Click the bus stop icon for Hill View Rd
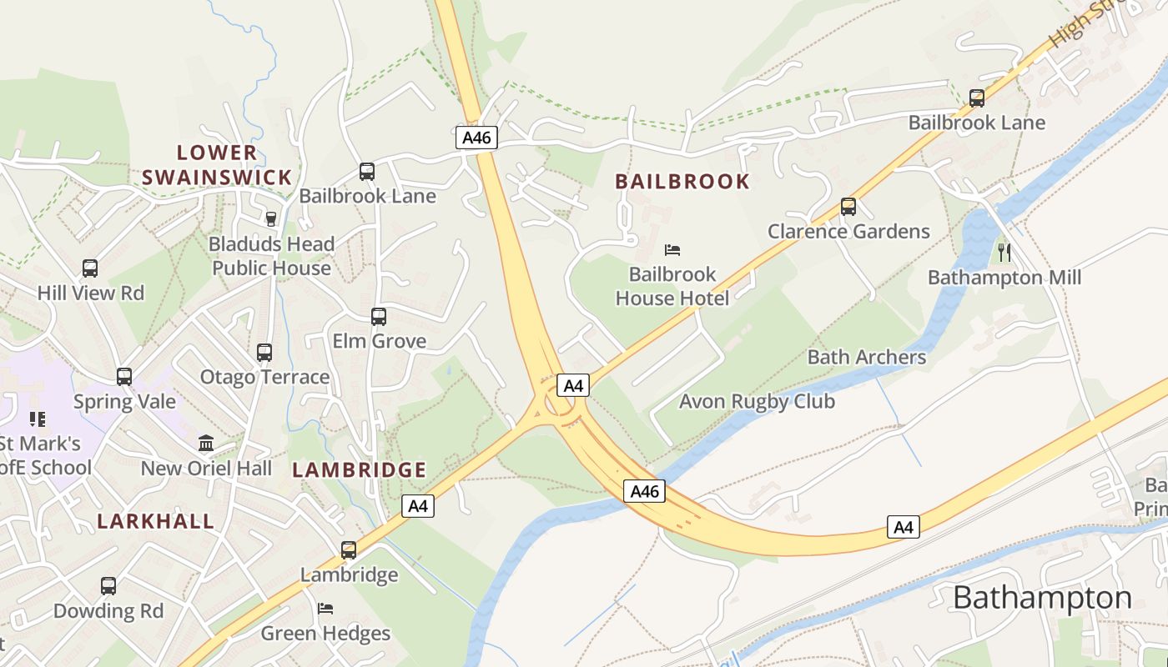pyautogui.click(x=90, y=268)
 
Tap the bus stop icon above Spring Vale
pyautogui.click(x=124, y=377)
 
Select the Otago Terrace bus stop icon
pyautogui.click(x=264, y=353)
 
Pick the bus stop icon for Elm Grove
pyautogui.click(x=379, y=317)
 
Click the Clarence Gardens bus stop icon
pyautogui.click(x=848, y=207)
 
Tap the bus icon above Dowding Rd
pyautogui.click(x=108, y=586)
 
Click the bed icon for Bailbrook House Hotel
pyautogui.click(x=672, y=249)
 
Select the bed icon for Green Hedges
pyautogui.click(x=325, y=609)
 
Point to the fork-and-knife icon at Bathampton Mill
pyautogui.click(x=1004, y=252)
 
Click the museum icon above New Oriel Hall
pyautogui.click(x=206, y=443)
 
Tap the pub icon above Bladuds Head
pyautogui.click(x=270, y=219)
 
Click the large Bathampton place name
pyautogui.click(x=1042, y=598)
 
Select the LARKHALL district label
pyautogui.click(x=156, y=521)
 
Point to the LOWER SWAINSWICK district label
pyautogui.click(x=217, y=164)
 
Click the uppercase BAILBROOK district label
pyautogui.click(x=682, y=181)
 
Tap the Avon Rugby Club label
pyautogui.click(x=757, y=401)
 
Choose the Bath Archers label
pyautogui.click(x=867, y=357)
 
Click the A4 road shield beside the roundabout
pyautogui.click(x=573, y=385)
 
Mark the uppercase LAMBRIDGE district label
pyautogui.click(x=360, y=469)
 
